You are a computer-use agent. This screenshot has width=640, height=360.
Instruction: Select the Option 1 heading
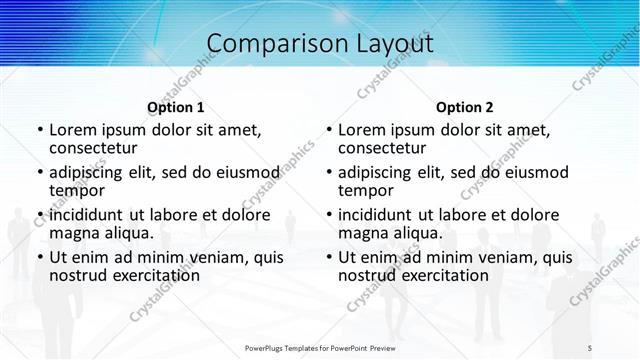176,107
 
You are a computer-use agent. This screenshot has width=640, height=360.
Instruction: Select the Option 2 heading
465,107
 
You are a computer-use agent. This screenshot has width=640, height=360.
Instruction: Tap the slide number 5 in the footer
590,348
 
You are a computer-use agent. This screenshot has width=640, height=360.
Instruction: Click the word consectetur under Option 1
95,148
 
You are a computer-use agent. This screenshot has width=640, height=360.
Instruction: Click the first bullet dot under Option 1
39,130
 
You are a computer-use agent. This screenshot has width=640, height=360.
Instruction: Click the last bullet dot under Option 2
328,257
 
